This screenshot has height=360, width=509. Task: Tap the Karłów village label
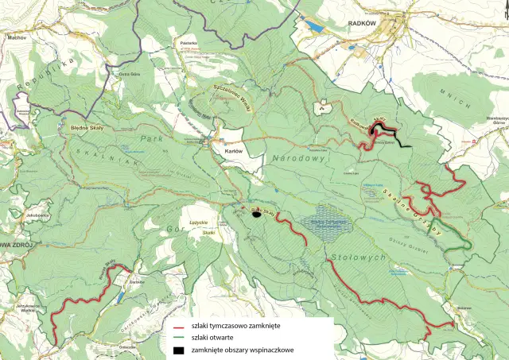233,150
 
